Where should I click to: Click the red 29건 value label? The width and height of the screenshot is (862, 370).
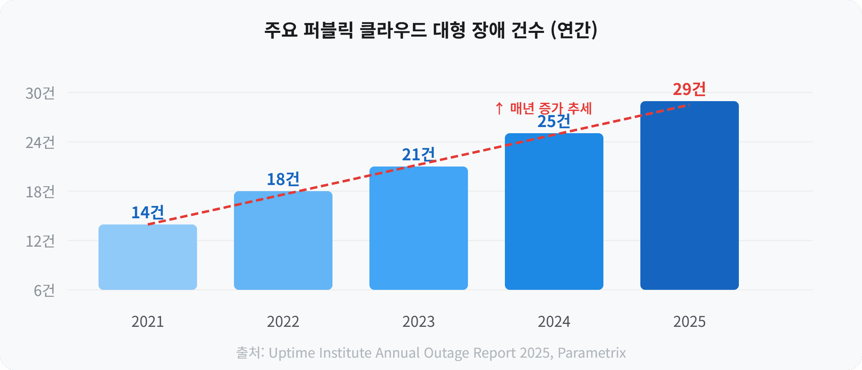pos(689,89)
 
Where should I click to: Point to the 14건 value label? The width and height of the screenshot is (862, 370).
pos(148,213)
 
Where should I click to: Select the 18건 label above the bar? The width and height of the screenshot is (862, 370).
pos(283,179)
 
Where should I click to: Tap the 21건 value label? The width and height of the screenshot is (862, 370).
pos(418,155)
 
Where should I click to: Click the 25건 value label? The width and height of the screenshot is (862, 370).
pos(554,122)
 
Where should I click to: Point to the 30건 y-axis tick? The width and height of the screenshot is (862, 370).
pos(40,93)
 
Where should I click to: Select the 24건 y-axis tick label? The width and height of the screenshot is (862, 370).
pos(40,143)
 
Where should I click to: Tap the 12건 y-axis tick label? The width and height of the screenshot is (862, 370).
pos(40,241)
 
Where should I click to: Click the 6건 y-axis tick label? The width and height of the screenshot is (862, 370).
pos(44,291)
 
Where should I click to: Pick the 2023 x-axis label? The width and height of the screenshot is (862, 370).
pos(418,321)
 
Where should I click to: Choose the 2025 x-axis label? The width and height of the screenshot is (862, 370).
pos(689,321)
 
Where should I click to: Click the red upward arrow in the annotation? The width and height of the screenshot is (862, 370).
pos(499,109)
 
